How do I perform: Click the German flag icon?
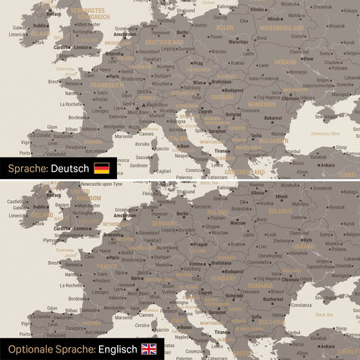[101, 168]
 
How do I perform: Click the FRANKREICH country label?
[106, 85]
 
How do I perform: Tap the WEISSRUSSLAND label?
[281, 28]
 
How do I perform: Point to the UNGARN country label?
[223, 97]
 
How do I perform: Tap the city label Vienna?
[197, 264]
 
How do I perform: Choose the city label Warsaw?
[237, 223]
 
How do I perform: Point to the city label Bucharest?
[274, 299]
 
